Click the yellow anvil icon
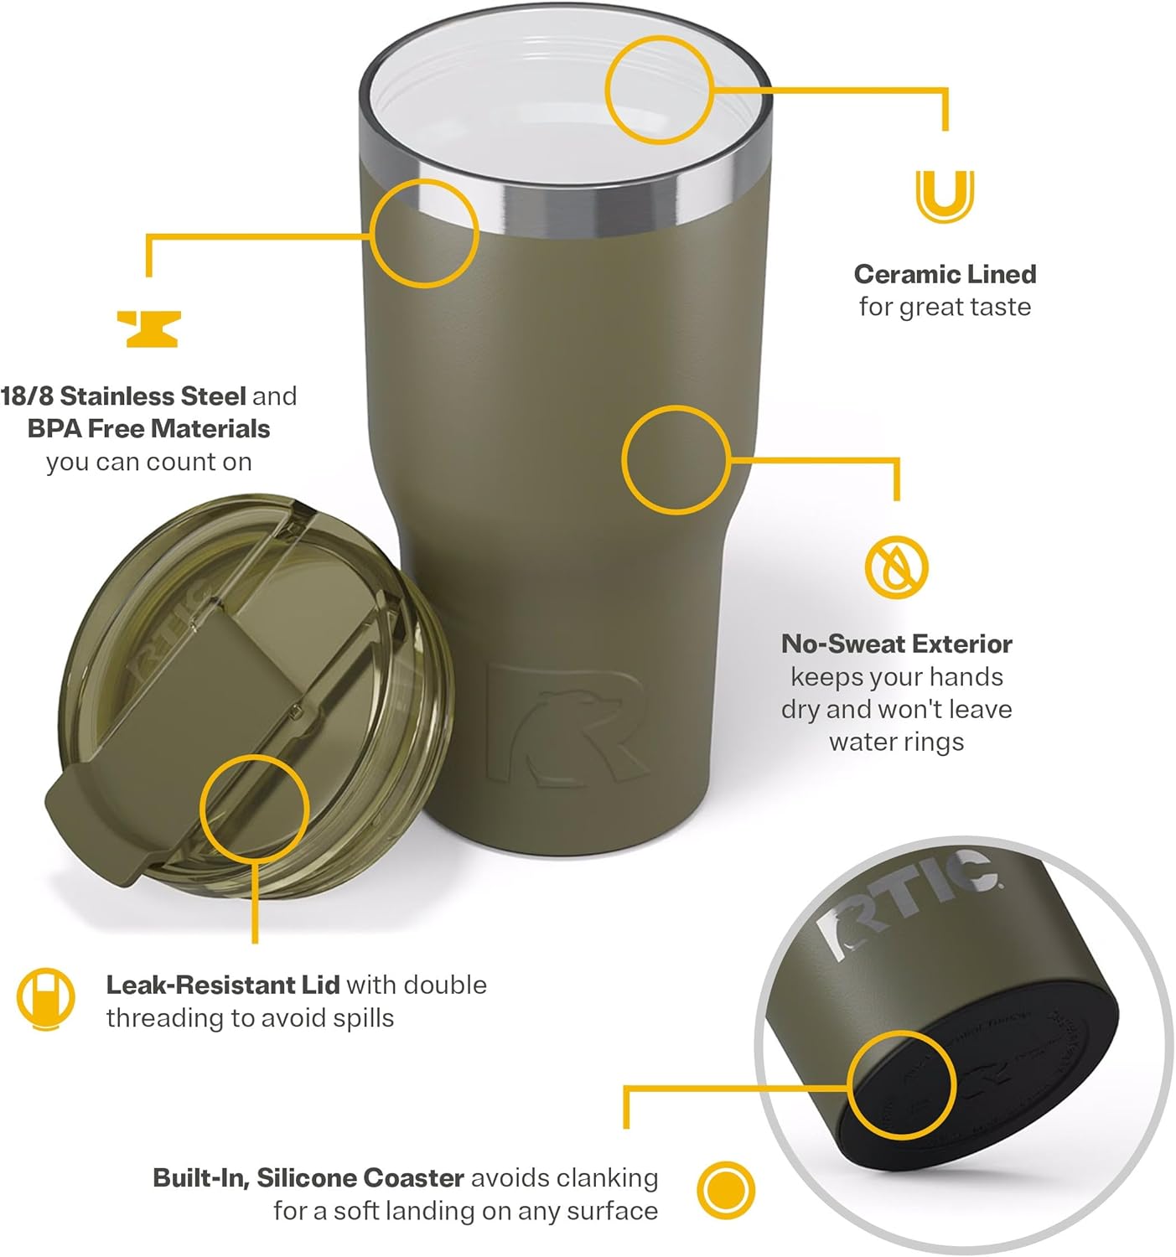[148, 328]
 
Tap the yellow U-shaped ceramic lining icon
[945, 196]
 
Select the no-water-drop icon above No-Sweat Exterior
[896, 566]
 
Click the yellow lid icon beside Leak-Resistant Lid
[45, 999]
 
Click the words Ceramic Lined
[945, 274]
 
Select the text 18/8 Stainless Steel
[123, 396]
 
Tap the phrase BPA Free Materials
[148, 429]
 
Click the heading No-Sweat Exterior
[896, 644]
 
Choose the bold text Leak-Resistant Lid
[222, 985]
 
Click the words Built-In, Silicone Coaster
[308, 1178]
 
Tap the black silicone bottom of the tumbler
[989, 1081]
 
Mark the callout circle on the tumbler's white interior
[659, 90]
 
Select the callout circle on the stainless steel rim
[424, 233]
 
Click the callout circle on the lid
[254, 808]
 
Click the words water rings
[896, 742]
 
